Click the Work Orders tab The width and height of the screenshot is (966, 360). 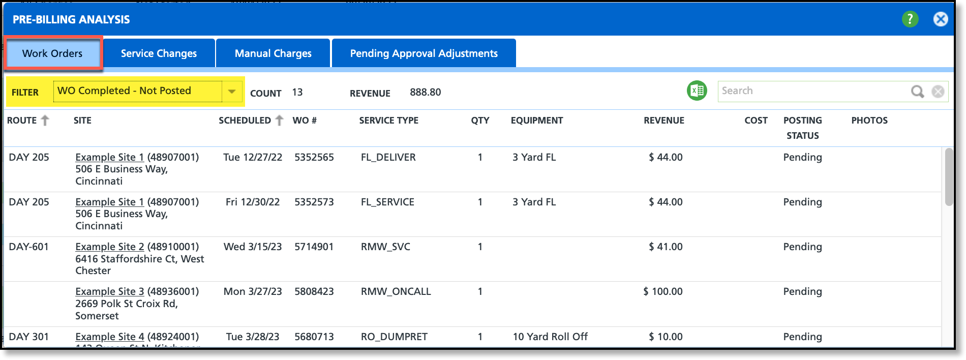(x=52, y=53)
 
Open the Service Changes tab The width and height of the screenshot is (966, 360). (x=159, y=53)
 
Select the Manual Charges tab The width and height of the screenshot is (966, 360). (x=273, y=53)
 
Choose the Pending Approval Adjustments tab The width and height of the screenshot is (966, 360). (x=424, y=53)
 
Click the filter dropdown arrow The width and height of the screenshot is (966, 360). (x=232, y=92)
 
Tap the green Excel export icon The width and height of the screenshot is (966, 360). (x=697, y=91)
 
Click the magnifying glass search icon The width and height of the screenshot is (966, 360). (x=917, y=92)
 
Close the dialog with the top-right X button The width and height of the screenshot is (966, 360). (x=940, y=19)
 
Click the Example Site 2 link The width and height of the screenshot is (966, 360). (x=110, y=247)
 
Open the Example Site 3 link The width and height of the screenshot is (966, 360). (x=110, y=291)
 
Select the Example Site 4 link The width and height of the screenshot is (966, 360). (x=110, y=337)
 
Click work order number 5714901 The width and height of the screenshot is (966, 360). (x=314, y=247)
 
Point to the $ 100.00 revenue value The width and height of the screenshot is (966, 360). (x=663, y=291)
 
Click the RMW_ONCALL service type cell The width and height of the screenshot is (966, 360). (x=396, y=291)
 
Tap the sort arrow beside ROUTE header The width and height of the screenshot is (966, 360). (x=45, y=121)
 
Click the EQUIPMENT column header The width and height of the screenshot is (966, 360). (x=537, y=121)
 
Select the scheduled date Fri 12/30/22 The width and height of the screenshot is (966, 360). (x=253, y=202)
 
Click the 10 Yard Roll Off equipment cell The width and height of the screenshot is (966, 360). (x=550, y=337)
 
